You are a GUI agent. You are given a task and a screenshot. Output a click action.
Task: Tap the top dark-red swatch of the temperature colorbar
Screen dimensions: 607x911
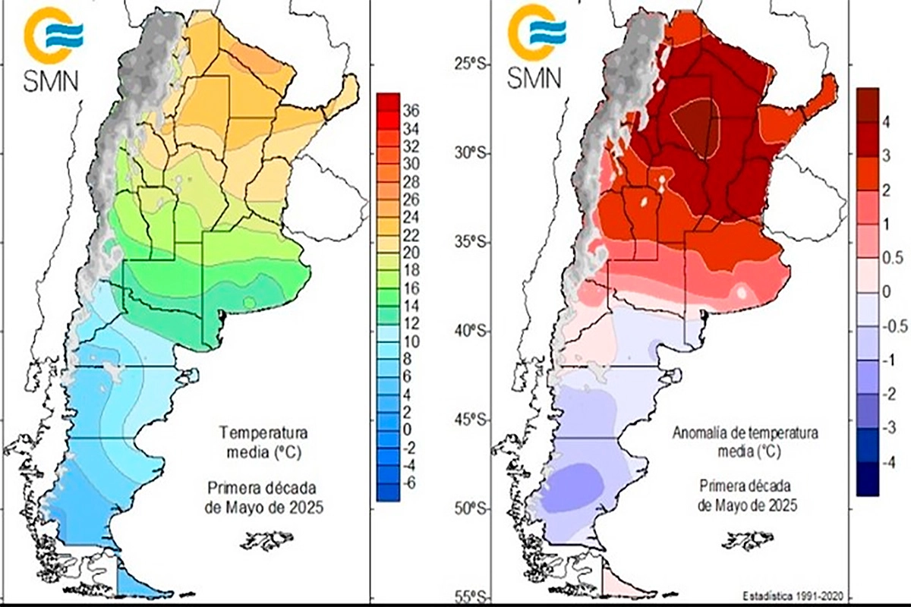pyautogui.click(x=389, y=100)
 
